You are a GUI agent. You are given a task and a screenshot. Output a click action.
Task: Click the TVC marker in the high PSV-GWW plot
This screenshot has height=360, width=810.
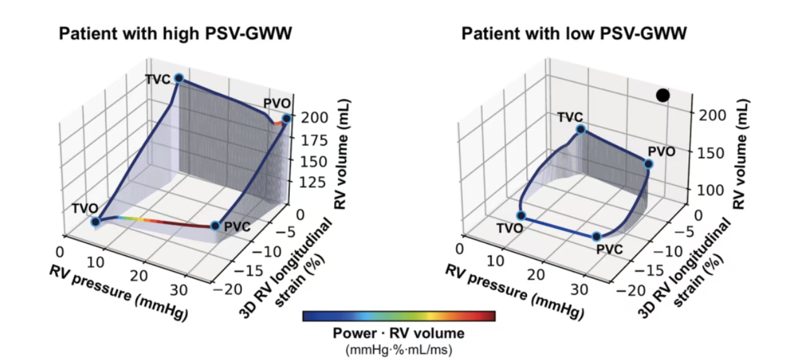[x=178, y=78]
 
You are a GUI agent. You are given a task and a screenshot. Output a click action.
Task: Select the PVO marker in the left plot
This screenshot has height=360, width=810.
[x=286, y=119]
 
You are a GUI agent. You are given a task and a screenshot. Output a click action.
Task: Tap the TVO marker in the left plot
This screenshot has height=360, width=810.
[x=95, y=222]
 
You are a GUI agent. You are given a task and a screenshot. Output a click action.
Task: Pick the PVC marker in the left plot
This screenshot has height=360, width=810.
[x=215, y=226]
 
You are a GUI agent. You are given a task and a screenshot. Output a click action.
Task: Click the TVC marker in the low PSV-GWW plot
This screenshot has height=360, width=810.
[x=581, y=129]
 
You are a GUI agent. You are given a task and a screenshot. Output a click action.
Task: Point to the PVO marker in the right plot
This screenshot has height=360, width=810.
[x=649, y=165]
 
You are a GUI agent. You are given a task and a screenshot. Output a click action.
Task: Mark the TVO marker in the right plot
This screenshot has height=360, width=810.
[x=521, y=216]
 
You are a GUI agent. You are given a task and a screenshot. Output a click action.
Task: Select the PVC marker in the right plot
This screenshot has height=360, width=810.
[x=596, y=237]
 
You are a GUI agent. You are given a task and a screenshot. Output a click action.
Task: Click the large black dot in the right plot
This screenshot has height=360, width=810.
[x=663, y=96]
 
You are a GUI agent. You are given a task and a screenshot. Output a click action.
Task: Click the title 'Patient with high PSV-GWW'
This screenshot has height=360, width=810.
[x=175, y=33]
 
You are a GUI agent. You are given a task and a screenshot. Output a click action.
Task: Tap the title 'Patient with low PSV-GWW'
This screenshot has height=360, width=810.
[x=574, y=33]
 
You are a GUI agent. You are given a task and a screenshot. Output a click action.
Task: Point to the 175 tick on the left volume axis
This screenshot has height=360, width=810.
[x=315, y=141]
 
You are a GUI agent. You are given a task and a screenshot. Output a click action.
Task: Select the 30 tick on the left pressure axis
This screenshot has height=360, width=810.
[x=179, y=290]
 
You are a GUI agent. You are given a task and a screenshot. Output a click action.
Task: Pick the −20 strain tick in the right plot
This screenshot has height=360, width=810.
[x=631, y=290]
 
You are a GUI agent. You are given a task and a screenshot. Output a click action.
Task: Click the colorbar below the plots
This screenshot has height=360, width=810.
[x=399, y=316]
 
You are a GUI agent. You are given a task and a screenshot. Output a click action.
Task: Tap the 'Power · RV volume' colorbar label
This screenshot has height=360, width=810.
[x=398, y=334]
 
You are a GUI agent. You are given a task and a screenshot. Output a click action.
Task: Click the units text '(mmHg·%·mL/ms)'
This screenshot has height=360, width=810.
[x=399, y=350]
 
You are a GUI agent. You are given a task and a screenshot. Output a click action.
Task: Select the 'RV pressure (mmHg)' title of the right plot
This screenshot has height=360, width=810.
[x=514, y=293]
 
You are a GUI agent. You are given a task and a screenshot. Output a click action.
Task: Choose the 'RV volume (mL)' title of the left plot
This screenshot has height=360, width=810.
[x=341, y=154]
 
